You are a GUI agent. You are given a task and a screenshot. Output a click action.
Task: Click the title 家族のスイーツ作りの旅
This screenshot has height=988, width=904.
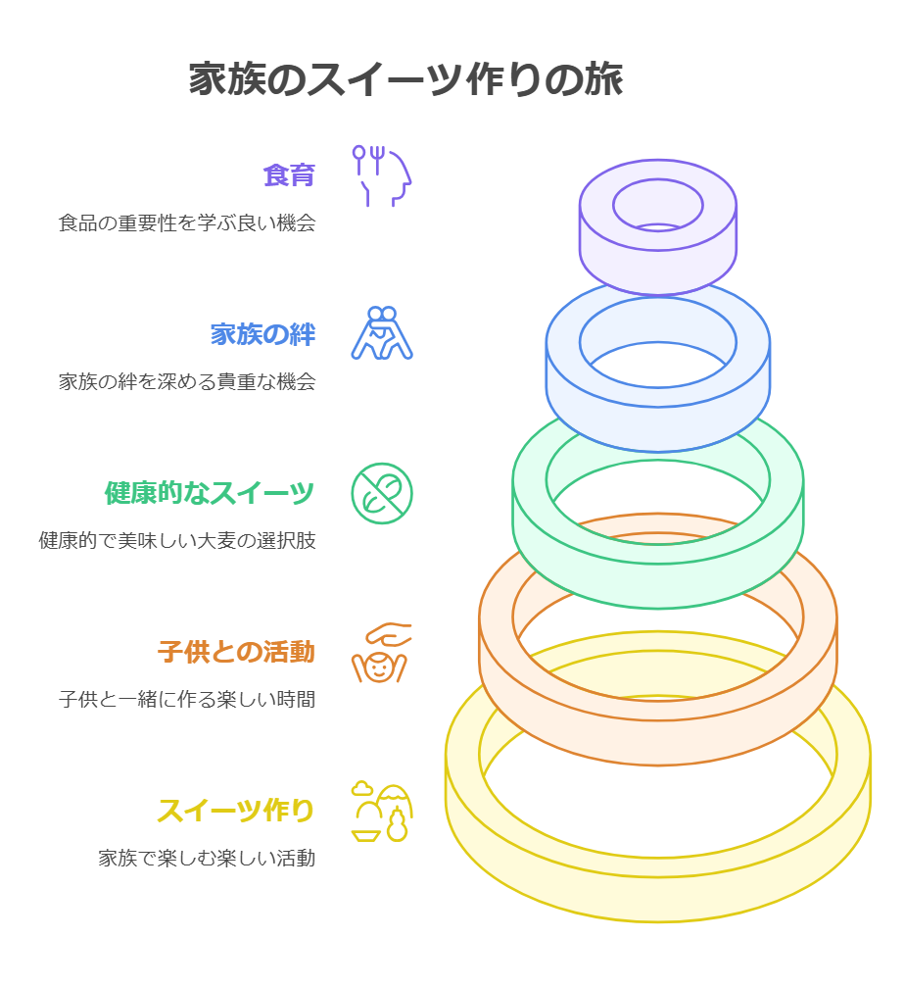click(405, 80)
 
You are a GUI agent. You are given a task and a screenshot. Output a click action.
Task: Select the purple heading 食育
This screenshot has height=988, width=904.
click(289, 175)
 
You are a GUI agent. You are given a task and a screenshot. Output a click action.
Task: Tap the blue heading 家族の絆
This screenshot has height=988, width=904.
click(262, 334)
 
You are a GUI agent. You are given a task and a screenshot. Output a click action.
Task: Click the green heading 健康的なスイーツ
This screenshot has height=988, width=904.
click(210, 493)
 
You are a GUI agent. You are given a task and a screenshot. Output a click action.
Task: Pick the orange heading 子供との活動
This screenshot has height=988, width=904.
click(236, 652)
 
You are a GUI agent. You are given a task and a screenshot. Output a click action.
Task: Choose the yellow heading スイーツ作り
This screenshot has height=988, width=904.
click(236, 811)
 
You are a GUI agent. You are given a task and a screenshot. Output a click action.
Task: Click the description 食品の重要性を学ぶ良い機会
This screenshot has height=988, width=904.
click(187, 223)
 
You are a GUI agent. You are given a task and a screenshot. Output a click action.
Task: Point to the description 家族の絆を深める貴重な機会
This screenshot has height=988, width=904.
click(187, 382)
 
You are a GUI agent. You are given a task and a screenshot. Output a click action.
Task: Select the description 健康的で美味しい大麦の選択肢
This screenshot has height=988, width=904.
click(177, 541)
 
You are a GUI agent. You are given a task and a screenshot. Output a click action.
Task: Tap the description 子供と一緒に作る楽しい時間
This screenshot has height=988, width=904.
click(187, 700)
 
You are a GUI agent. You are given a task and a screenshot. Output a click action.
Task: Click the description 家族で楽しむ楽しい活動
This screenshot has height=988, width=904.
click(207, 859)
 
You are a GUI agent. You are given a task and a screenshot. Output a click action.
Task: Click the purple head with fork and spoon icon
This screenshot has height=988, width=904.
click(382, 175)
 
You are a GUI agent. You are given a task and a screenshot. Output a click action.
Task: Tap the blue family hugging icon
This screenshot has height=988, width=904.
click(382, 333)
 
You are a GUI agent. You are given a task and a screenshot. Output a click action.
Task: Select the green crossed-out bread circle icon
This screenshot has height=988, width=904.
click(382, 493)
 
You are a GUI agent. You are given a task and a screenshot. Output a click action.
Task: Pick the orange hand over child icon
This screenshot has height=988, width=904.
click(382, 653)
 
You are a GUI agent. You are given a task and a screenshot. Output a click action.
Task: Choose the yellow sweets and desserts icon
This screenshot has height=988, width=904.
click(382, 812)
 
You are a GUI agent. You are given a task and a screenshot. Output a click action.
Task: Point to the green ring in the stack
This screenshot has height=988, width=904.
click(658, 578)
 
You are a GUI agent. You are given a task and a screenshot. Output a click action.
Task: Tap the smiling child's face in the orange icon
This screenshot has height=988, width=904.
click(378, 669)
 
